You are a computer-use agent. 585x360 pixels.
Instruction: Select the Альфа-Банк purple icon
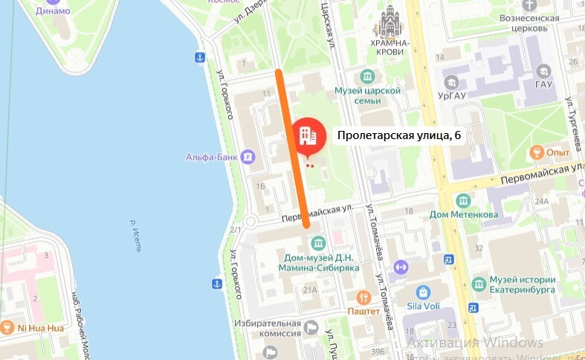point(248,157)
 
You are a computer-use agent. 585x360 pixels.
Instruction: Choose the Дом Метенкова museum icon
point(463,201)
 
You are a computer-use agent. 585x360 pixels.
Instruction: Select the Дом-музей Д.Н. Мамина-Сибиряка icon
point(318,243)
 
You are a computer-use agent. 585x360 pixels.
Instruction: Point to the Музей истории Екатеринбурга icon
point(479,281)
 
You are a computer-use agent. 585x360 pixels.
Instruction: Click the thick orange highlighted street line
point(292,149)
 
